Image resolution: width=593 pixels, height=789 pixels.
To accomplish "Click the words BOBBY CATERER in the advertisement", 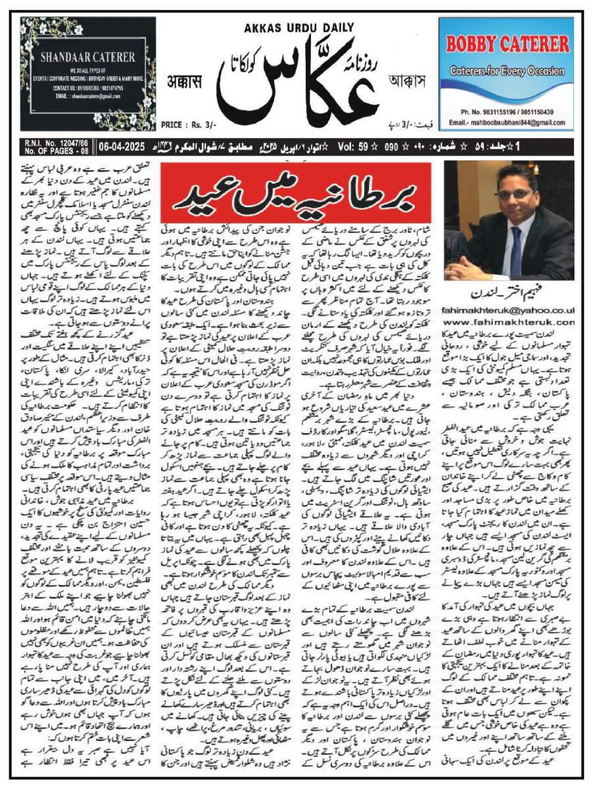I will (508, 44).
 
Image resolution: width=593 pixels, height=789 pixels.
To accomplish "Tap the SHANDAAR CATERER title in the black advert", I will (87, 57).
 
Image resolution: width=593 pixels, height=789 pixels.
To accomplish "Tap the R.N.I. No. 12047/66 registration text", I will (49, 139).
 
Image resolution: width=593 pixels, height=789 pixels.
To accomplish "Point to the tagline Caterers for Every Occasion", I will (508, 70).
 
